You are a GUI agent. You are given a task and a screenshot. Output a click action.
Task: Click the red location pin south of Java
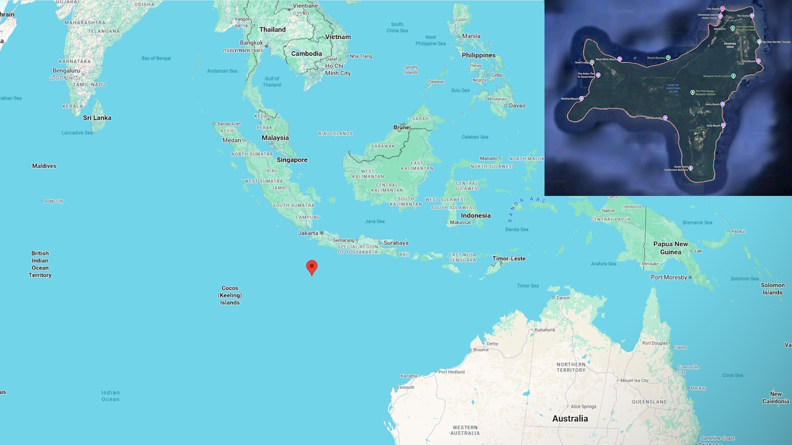312,267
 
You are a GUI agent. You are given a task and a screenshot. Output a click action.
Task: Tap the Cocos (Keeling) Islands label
230,295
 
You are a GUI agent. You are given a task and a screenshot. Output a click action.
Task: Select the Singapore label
292,159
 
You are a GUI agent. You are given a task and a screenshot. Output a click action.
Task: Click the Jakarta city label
308,233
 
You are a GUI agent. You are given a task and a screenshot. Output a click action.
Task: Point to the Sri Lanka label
97,117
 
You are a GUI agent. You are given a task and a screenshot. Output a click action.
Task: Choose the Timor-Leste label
509,258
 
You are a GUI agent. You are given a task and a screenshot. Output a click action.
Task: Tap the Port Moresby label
669,278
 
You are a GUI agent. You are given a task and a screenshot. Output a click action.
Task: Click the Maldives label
45,166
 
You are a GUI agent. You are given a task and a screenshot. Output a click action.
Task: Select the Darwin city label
563,298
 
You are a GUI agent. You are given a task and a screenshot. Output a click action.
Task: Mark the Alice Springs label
583,406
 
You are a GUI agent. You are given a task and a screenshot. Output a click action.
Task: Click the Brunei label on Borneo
402,127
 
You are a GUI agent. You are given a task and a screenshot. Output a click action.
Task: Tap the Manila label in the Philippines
471,36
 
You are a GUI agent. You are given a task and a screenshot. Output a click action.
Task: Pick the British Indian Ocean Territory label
40,264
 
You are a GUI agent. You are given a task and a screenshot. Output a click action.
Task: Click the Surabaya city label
396,242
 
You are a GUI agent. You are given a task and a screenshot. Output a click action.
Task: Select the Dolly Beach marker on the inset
723,125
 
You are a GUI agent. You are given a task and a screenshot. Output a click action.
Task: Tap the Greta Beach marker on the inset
722,104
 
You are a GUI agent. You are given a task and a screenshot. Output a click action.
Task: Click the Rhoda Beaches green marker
668,57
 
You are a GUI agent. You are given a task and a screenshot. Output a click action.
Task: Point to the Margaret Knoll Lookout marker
733,76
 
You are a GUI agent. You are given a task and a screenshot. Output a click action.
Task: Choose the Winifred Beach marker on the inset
581,98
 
